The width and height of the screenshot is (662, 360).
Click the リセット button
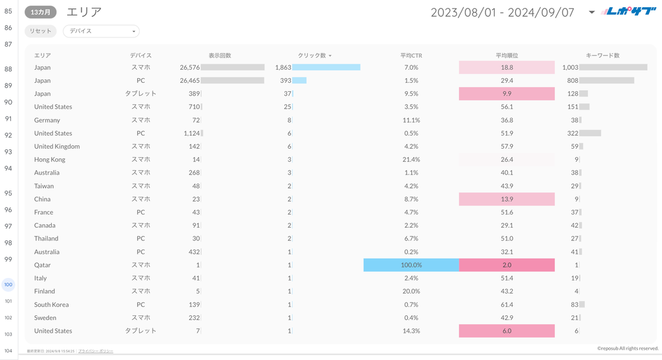(x=40, y=31)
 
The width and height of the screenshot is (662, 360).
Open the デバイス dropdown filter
(x=101, y=31)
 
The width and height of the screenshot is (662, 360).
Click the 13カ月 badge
(x=40, y=12)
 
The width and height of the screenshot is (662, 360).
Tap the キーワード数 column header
(x=603, y=56)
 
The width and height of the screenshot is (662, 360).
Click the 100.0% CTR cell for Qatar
(x=411, y=265)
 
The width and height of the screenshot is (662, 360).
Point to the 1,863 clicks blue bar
(x=326, y=67)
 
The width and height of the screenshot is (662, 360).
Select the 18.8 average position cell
(x=507, y=67)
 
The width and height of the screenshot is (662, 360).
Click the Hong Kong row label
(x=50, y=160)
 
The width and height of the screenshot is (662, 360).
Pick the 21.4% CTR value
(x=411, y=160)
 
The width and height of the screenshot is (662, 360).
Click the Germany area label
(x=47, y=120)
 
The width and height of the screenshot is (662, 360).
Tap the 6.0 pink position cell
(x=507, y=331)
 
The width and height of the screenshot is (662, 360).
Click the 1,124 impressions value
(x=191, y=133)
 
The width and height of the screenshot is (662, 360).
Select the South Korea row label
(x=51, y=304)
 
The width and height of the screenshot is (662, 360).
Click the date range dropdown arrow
(x=592, y=12)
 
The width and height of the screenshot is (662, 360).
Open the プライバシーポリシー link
(x=95, y=351)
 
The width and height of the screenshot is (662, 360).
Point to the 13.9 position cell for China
(x=507, y=199)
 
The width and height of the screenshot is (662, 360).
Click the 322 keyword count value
(x=572, y=133)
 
